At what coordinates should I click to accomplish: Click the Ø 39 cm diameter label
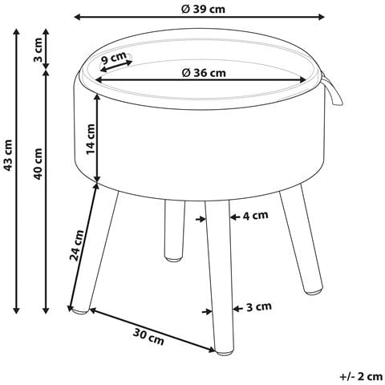(x=203, y=9)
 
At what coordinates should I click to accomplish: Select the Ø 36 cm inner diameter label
(x=204, y=72)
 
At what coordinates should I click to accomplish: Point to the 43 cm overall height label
(x=8, y=156)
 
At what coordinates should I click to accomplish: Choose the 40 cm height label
(x=38, y=164)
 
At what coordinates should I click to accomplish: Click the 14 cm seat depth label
(x=91, y=139)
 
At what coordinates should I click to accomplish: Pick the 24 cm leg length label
(x=77, y=245)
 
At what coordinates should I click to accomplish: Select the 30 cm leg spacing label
(x=148, y=337)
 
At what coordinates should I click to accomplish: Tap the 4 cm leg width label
(x=255, y=215)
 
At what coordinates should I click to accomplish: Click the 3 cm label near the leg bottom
(x=259, y=306)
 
